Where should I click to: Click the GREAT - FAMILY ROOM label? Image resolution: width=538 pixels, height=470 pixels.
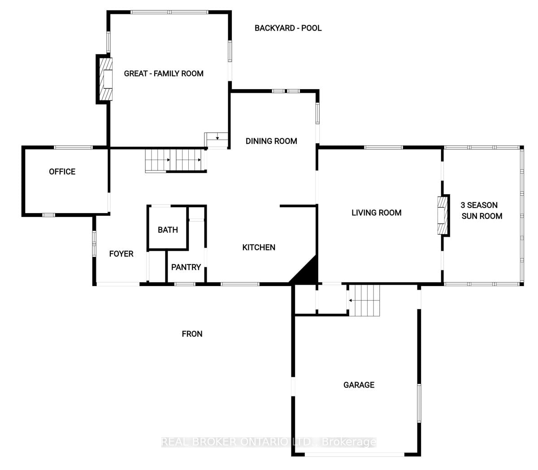[164, 74]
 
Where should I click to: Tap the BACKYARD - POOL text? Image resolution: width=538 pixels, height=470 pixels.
[288, 28]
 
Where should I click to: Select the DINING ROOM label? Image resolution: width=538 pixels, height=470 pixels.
[271, 141]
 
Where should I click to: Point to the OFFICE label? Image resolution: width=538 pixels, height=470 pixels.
[62, 171]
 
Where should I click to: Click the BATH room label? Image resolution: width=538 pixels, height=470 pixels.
[168, 230]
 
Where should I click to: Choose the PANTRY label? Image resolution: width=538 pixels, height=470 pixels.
[186, 267]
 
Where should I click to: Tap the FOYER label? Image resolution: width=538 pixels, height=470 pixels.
[121, 254]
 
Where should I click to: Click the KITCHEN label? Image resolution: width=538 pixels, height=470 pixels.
[259, 247]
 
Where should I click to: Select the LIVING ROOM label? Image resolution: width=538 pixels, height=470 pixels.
[377, 213]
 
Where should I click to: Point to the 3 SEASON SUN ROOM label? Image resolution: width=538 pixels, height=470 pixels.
[481, 210]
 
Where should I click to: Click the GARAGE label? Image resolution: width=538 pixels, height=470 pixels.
[359, 385]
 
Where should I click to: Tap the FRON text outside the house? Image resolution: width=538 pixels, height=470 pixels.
[192, 334]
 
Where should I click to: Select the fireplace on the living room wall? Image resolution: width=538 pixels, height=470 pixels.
[443, 215]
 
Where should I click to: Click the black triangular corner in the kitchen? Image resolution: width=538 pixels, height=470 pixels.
[305, 271]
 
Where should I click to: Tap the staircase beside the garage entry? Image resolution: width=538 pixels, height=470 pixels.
[364, 300]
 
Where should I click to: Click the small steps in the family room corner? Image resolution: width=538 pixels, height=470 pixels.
[216, 140]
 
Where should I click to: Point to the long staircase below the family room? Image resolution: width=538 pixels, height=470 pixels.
[176, 161]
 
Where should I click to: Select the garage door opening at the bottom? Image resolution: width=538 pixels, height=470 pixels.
[355, 454]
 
